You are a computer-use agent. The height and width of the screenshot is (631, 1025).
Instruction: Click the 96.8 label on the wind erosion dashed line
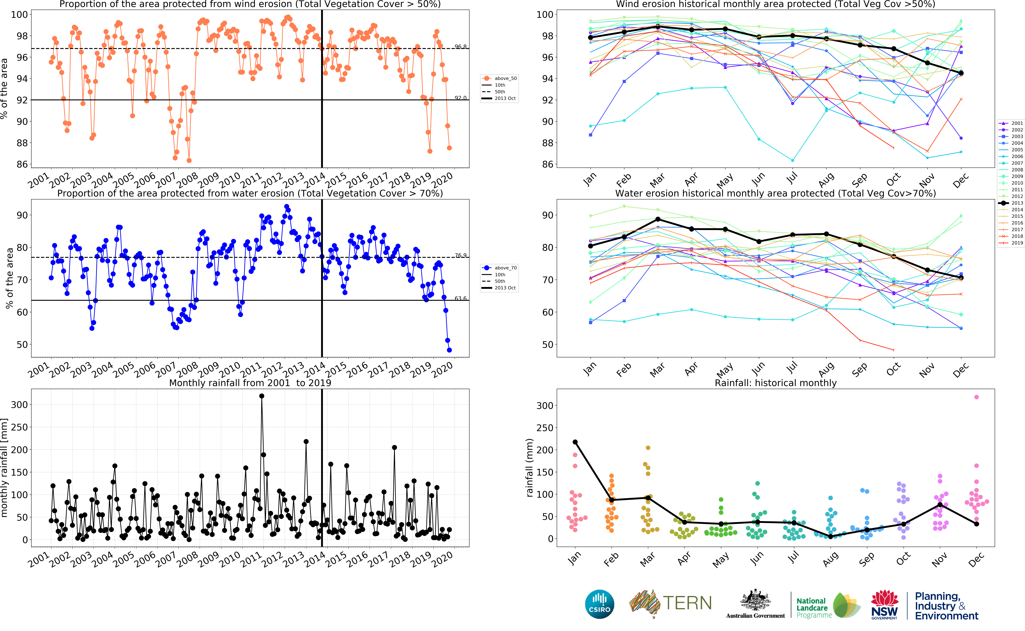point(461,46)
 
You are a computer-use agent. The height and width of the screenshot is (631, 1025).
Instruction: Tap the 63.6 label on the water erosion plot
point(461,298)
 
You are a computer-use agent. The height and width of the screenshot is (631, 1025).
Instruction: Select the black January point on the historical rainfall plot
point(575,442)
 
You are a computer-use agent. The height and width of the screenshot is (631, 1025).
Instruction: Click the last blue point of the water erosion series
point(449,350)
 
